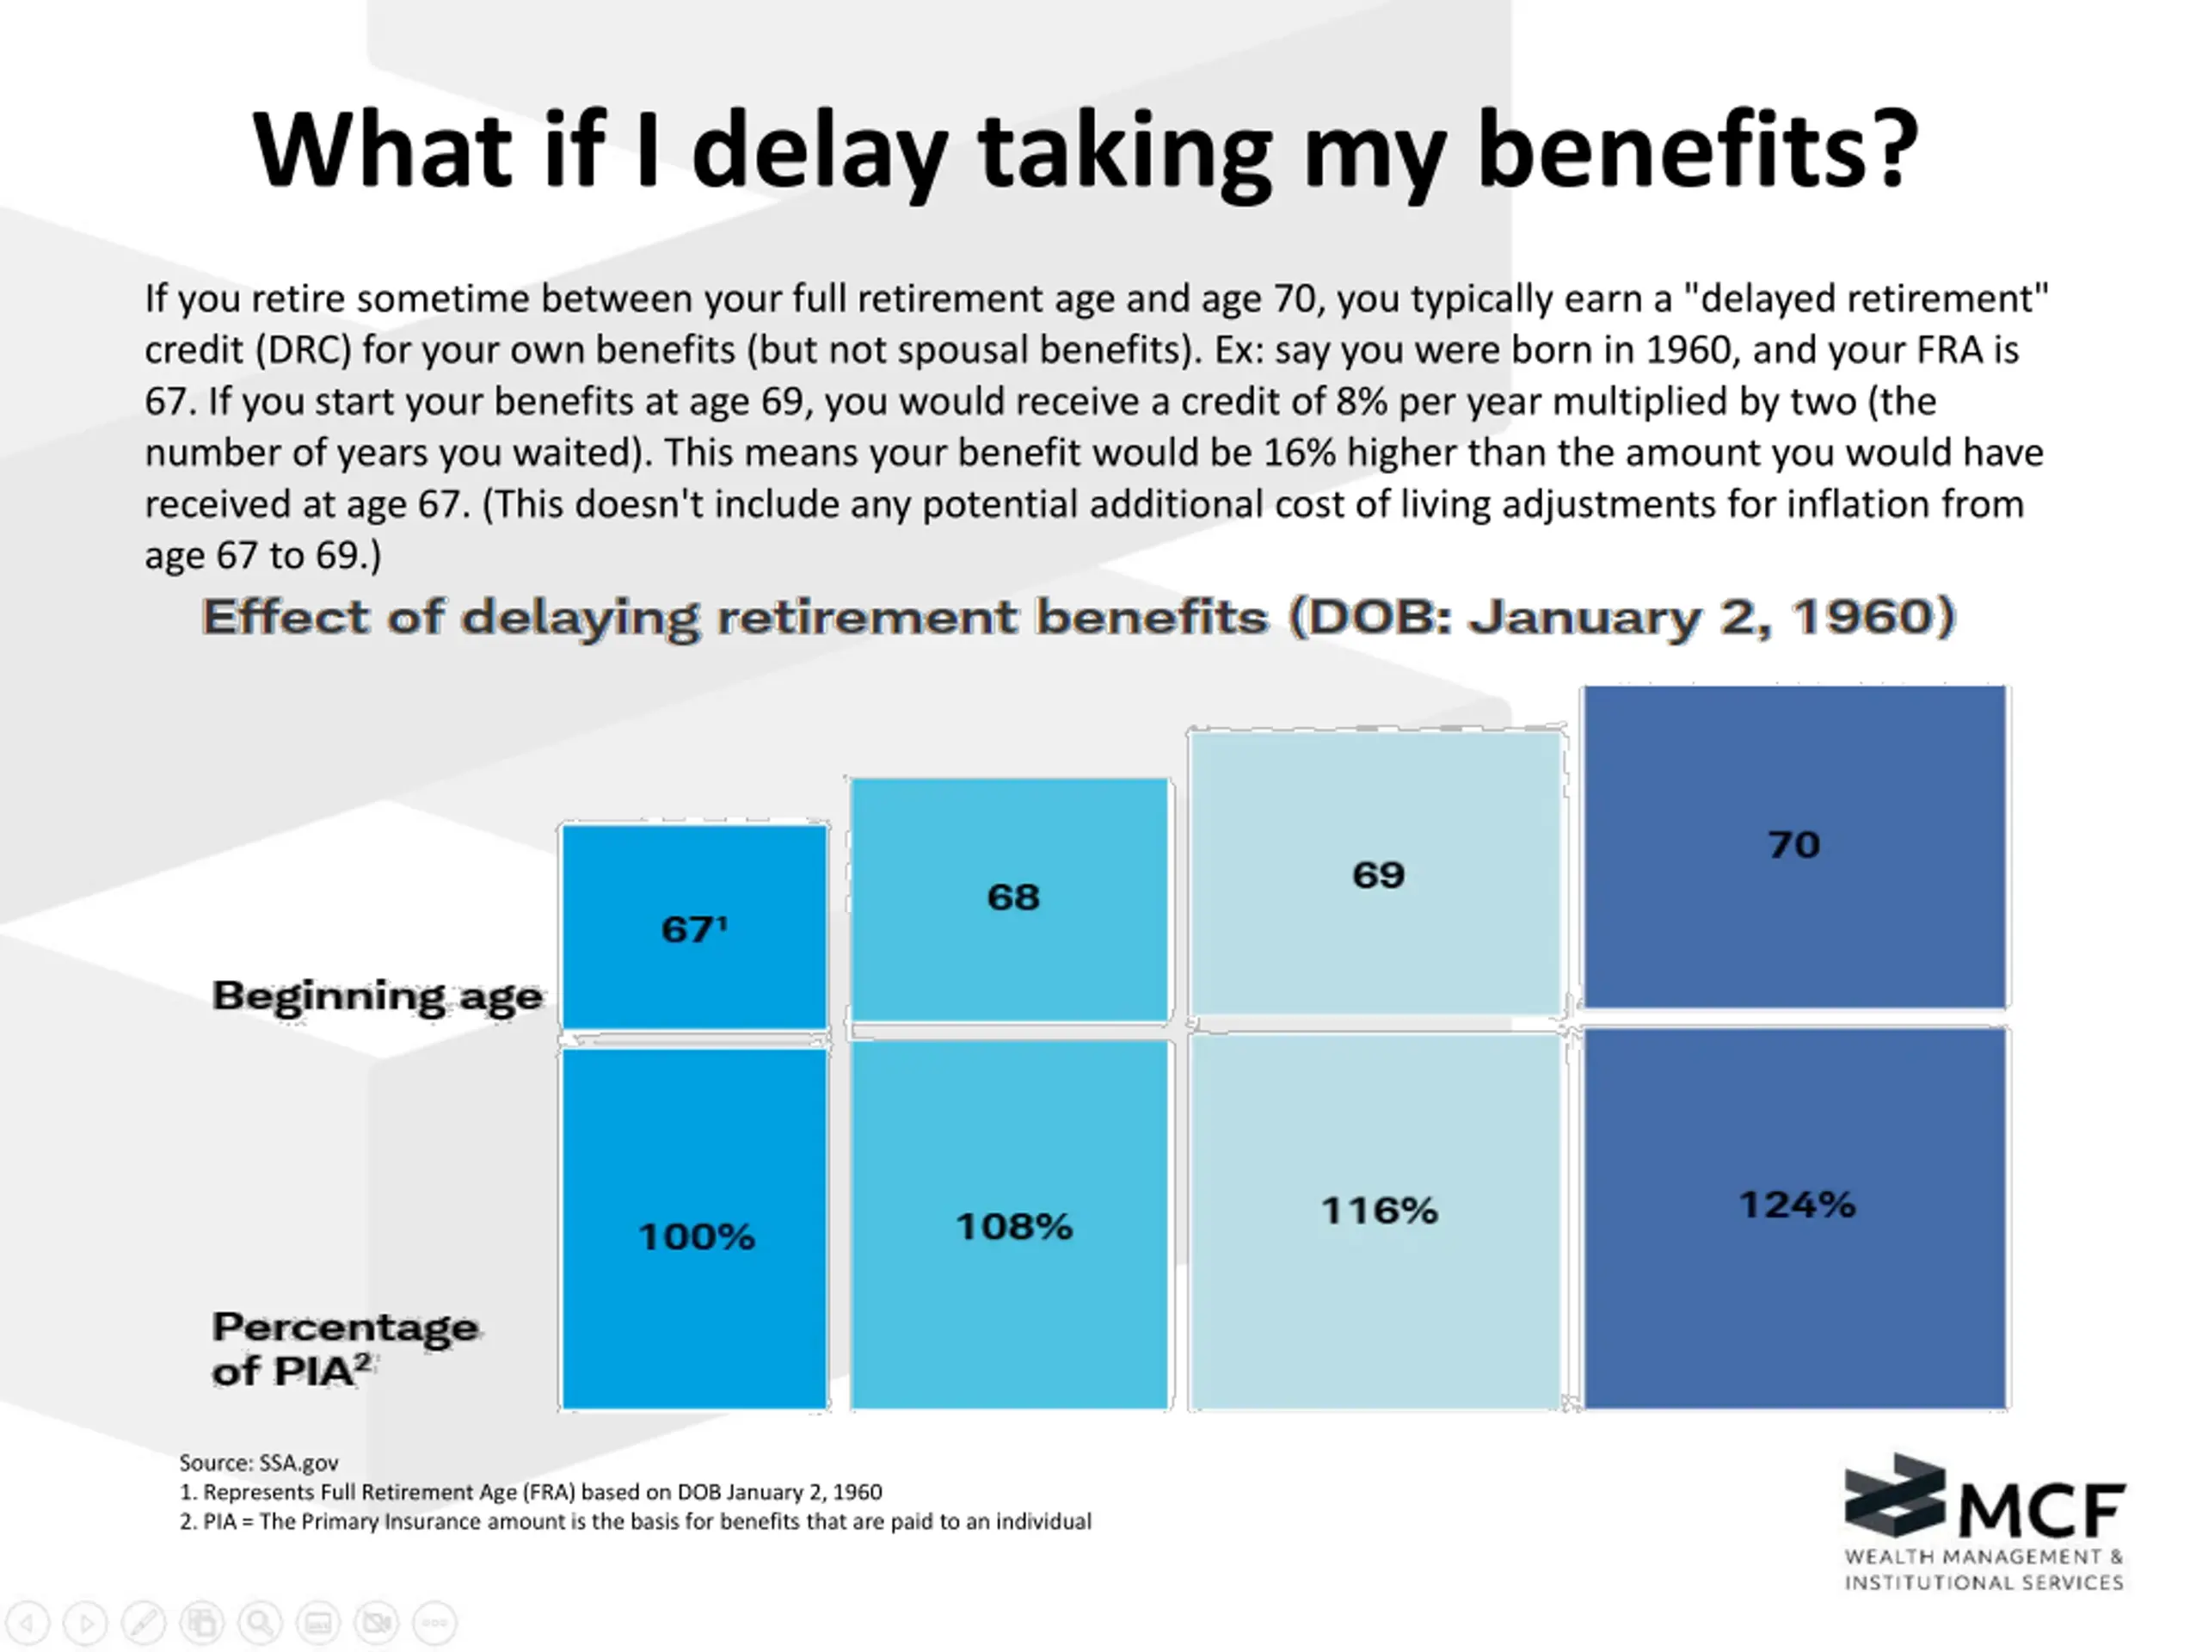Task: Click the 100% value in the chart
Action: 696,1236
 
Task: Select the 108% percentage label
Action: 1013,1227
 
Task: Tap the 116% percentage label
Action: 1379,1211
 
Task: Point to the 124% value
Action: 1797,1205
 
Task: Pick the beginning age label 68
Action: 1013,897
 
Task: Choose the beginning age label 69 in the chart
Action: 1379,875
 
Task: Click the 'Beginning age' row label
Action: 378,996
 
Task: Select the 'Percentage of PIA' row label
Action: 343,1349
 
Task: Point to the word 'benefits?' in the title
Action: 1697,151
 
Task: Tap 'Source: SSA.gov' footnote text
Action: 259,1463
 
